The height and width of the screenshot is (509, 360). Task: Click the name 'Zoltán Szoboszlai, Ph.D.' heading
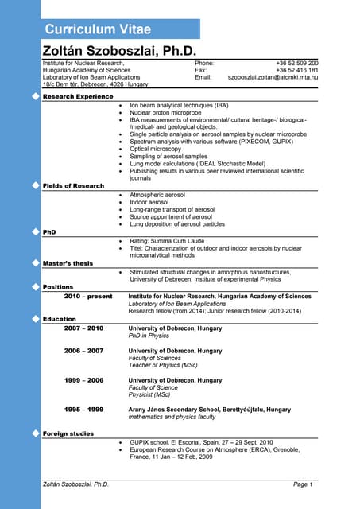118,50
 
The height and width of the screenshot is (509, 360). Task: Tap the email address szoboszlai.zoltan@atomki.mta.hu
273,77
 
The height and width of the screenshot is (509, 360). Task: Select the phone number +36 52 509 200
296,62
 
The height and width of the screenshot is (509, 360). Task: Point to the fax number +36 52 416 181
296,70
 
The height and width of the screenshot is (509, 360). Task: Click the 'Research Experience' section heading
77,96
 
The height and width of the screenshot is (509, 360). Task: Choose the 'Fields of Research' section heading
73,185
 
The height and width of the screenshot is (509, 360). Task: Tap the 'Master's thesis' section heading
68,262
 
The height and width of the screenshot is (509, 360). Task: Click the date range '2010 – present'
88,296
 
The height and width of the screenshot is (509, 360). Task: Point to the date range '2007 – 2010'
83,328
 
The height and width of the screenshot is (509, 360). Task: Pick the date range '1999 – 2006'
83,380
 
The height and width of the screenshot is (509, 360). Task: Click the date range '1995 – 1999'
83,409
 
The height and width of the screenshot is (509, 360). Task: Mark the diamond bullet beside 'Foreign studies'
34,433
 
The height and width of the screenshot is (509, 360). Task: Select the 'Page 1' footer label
302,484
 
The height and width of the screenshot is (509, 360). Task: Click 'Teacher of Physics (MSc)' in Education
163,365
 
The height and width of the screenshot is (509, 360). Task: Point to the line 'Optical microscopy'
157,149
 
